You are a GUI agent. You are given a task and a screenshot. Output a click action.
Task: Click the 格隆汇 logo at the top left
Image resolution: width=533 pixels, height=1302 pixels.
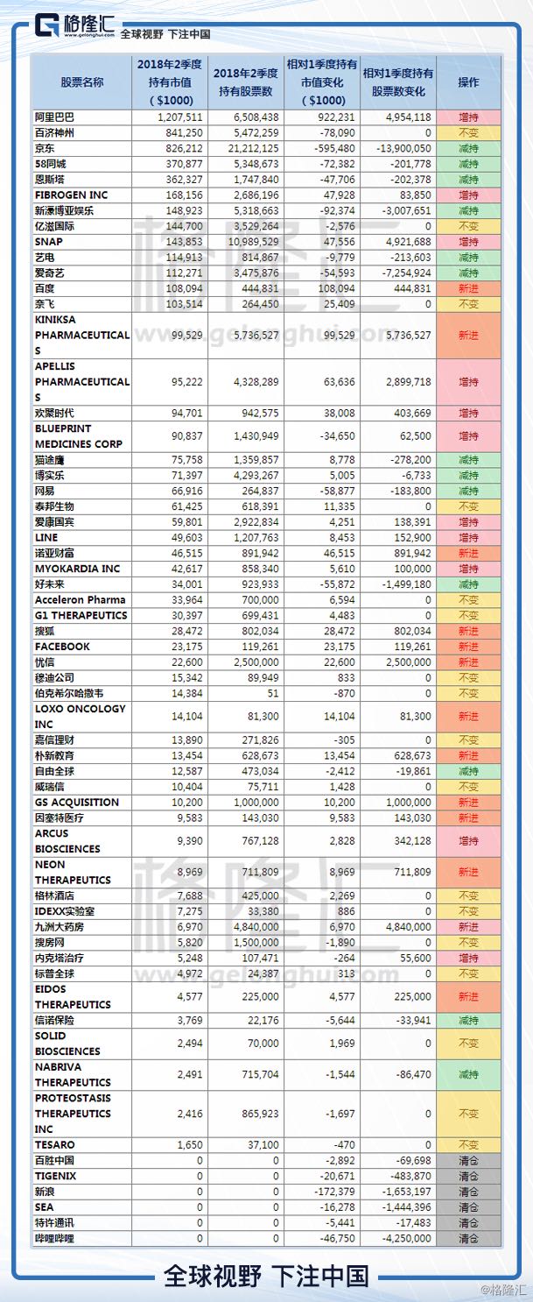point(74,25)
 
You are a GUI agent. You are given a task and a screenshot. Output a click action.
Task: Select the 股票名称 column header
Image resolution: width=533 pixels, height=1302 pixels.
point(81,82)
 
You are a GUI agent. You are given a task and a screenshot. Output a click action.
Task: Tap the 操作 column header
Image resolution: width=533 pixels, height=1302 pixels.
point(468,82)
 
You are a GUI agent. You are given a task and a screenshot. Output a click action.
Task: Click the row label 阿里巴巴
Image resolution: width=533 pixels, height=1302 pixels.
point(54,117)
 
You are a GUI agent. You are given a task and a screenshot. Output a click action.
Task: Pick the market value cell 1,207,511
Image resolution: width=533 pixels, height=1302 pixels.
point(180,117)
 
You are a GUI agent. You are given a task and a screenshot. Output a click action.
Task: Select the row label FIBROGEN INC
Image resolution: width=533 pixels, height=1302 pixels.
point(72,195)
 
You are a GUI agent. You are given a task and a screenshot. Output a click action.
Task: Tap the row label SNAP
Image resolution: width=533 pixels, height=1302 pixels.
point(49,242)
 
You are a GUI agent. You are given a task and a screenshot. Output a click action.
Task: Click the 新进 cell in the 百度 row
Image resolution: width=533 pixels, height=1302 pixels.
point(468,288)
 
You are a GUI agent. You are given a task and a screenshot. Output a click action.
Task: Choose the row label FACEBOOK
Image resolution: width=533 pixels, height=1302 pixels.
point(63,647)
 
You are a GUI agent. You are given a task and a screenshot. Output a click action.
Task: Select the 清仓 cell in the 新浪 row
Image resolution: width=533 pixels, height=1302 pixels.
point(468,1192)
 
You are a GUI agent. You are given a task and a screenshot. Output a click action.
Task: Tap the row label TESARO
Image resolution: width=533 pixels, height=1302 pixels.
point(55,1145)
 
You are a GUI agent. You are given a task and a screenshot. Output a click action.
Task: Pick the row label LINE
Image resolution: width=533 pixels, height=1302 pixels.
point(46,537)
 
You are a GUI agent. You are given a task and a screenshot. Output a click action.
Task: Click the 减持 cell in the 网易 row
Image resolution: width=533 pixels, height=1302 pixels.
point(468,491)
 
